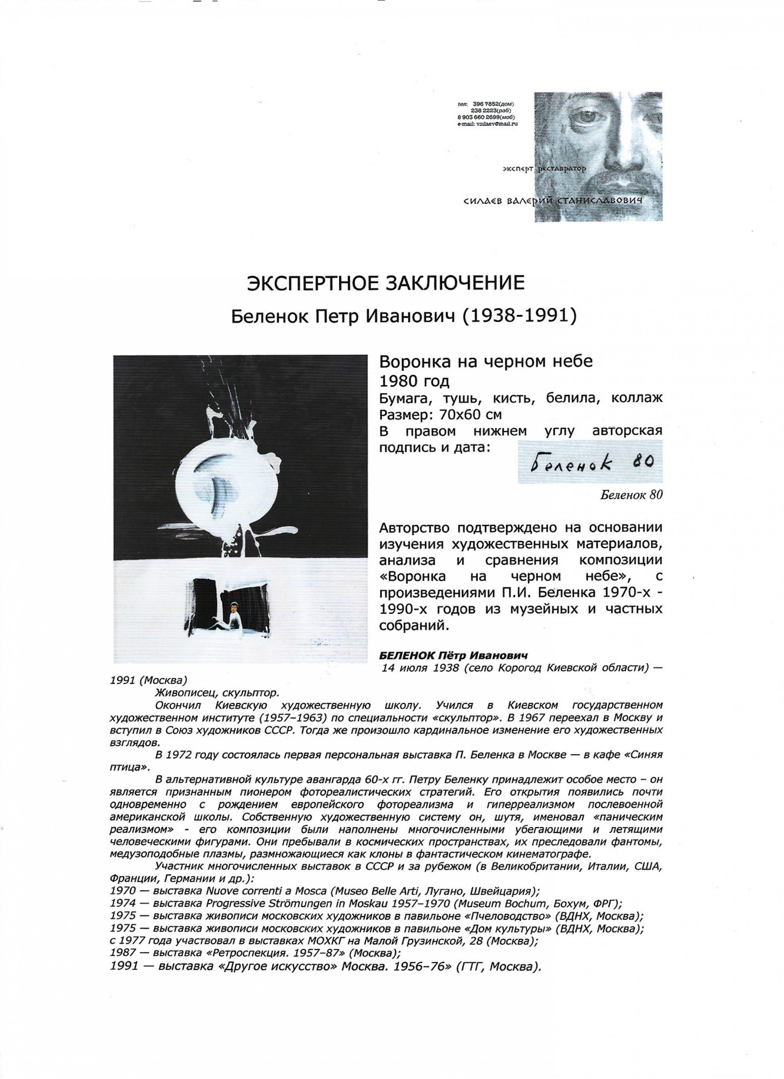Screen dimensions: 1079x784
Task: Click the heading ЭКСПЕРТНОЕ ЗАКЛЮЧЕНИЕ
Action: (386, 284)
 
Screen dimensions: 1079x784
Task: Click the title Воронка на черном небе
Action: (486, 362)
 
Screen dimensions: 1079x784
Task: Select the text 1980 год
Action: (414, 382)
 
